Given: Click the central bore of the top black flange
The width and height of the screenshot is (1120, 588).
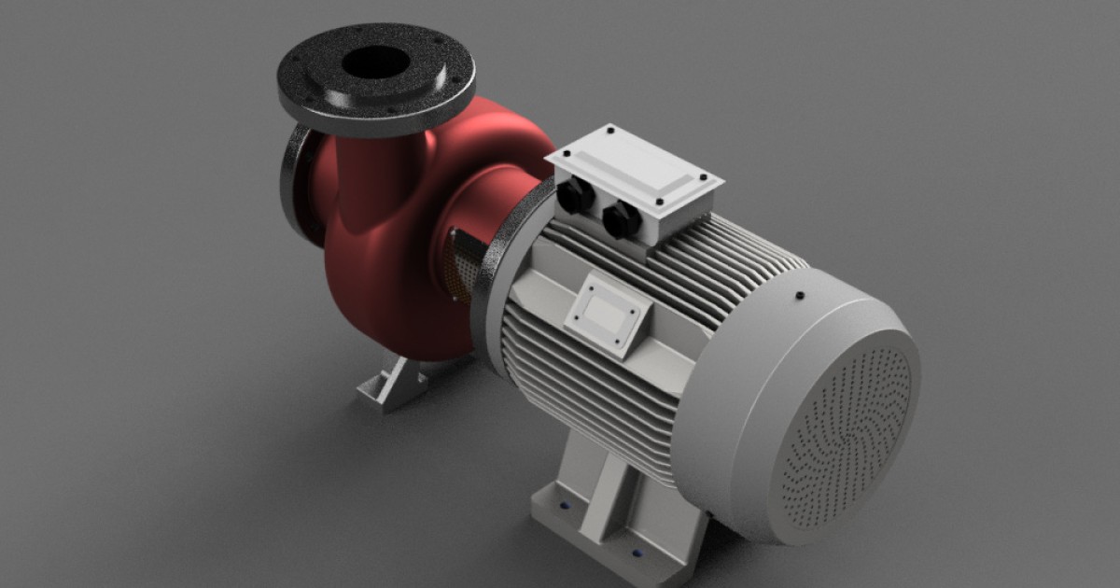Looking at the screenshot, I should click(x=375, y=63).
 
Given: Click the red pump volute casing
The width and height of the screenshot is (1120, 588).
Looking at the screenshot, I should click(x=392, y=280).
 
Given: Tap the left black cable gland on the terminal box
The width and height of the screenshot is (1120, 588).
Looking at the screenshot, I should click(x=575, y=196).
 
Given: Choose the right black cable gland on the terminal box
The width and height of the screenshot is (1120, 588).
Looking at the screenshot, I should click(x=621, y=220).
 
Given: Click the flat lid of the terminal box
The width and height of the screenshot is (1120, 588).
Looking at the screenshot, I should click(x=635, y=168).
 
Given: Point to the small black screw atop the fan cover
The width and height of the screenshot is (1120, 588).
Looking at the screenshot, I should click(x=800, y=297).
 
